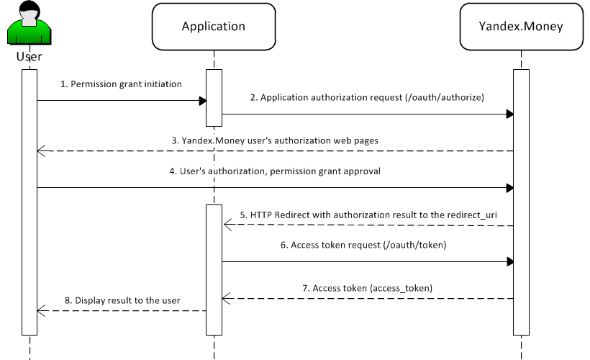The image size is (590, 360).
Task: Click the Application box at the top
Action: coord(213,27)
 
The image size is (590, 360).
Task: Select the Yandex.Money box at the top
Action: coord(521,27)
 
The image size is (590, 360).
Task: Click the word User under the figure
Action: coord(29,56)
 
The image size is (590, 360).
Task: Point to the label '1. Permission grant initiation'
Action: coord(121,84)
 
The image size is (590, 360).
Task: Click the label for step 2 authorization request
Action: coord(367,97)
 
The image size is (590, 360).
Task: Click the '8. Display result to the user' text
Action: coord(122,300)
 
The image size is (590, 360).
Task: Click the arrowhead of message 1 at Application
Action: coord(203,101)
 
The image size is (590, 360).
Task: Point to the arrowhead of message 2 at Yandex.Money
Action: coord(509,114)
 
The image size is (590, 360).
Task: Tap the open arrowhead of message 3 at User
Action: coord(40,151)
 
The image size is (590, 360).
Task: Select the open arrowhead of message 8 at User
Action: coord(40,310)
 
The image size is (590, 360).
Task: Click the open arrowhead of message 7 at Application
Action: coord(226,298)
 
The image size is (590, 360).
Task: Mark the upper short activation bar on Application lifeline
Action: coord(214,97)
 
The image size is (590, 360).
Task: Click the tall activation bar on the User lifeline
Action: coord(29,202)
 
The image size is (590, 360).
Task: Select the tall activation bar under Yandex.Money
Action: coord(521,202)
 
